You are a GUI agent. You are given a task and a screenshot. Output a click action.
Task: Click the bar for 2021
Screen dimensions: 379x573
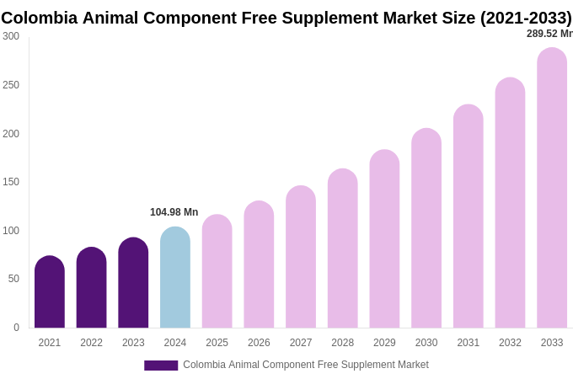(50, 292)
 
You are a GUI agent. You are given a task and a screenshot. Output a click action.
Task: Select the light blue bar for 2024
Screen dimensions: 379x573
(175, 278)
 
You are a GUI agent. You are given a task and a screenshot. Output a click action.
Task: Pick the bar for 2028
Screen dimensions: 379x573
(343, 248)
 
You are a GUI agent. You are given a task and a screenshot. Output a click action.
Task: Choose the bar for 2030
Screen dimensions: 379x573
(426, 228)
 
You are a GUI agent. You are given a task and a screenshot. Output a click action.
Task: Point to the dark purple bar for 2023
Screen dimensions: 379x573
(133, 283)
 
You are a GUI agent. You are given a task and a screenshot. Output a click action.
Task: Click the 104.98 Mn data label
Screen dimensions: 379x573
(174, 212)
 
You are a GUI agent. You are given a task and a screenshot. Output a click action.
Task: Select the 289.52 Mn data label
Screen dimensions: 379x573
(549, 34)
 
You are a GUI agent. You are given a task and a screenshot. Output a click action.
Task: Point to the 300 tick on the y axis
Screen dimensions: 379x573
(11, 36)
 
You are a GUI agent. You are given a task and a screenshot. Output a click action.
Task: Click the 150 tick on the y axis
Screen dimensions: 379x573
(11, 182)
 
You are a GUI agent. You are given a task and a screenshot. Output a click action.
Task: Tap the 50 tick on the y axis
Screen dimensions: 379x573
(13, 279)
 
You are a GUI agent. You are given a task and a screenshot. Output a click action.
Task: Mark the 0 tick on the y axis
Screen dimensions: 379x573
(16, 328)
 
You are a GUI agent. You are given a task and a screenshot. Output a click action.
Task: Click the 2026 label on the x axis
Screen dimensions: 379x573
(259, 343)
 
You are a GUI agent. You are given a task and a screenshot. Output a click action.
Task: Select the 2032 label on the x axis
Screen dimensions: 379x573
(510, 343)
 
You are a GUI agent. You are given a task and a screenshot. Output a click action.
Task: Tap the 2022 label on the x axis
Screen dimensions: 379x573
(91, 343)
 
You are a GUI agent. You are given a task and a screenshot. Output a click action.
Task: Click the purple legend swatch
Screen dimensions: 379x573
(161, 366)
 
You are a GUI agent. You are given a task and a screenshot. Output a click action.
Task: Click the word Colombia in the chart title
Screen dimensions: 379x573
(39, 18)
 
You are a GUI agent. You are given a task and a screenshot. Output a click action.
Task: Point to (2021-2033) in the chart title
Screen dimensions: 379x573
(526, 18)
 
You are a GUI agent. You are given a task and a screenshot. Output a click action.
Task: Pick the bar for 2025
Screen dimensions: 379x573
(217, 271)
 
